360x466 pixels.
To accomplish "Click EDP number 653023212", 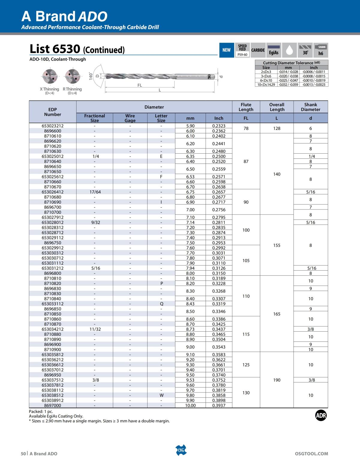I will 52,126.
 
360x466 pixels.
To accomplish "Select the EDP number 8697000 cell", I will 52,405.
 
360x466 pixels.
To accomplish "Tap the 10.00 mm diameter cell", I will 190,405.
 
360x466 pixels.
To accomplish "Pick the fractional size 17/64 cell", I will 95,192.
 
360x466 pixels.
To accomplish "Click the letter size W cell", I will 161,395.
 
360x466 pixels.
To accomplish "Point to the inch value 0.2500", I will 219,156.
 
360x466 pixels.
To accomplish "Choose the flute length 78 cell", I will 246,128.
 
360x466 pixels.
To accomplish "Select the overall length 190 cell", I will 277,380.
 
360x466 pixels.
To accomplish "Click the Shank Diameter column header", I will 310,107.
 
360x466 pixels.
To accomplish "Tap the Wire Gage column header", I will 130,118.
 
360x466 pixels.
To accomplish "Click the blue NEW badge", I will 226,50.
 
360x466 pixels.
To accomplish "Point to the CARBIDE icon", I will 258,50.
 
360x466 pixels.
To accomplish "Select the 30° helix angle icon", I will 305,50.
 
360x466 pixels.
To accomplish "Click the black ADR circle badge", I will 321,416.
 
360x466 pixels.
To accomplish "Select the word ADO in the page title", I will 93,17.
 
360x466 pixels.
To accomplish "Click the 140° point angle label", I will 91,76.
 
